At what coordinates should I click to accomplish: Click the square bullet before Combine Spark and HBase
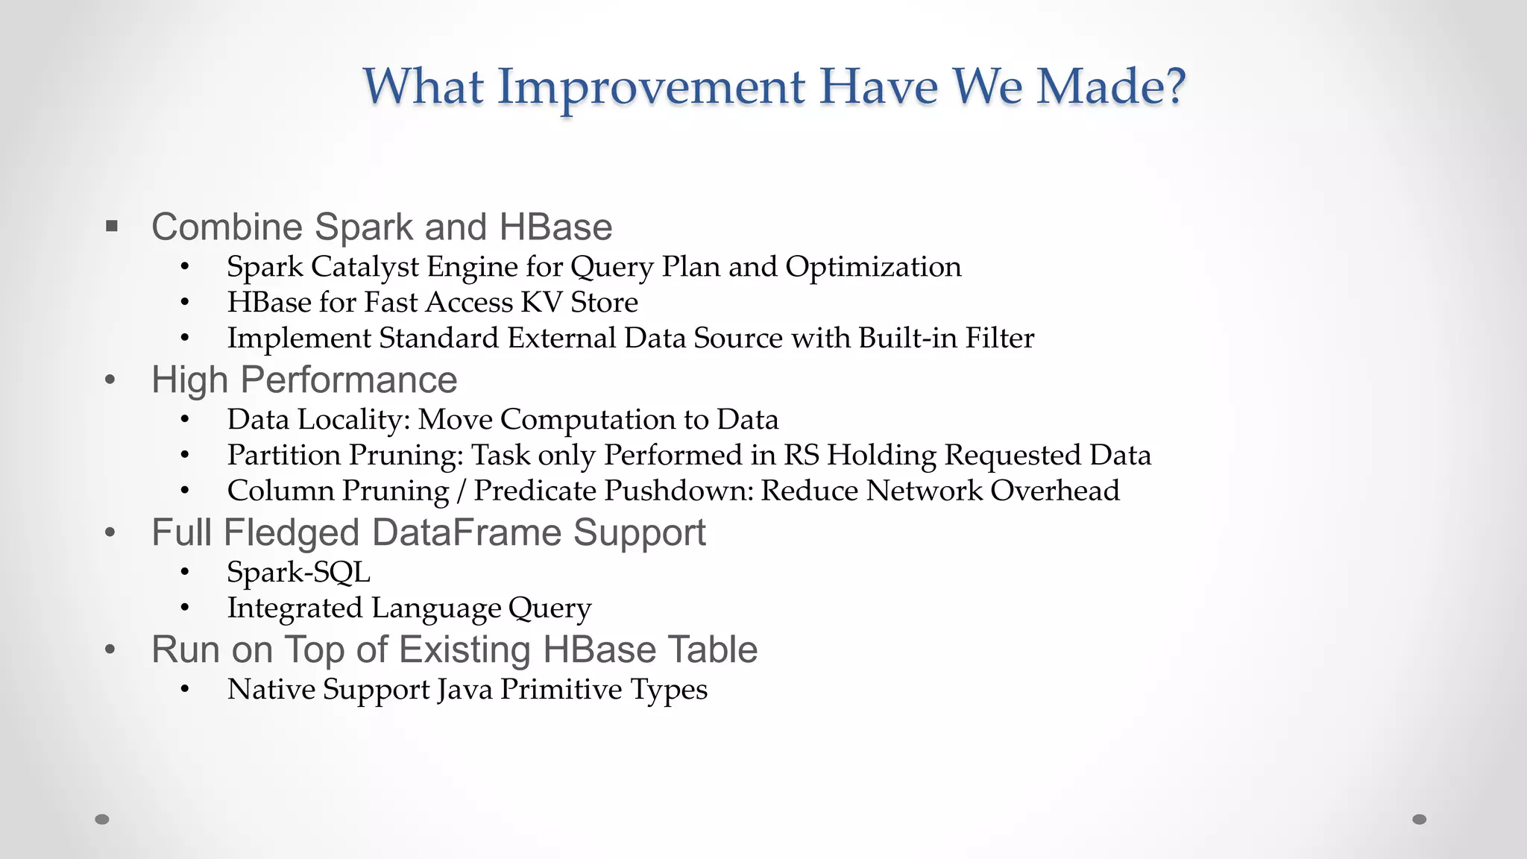click(x=112, y=226)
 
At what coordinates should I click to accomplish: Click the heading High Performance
click(x=304, y=380)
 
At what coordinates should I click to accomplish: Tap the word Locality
click(x=354, y=420)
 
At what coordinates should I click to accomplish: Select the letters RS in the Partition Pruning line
click(x=801, y=455)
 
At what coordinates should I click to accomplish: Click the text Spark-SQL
click(x=298, y=573)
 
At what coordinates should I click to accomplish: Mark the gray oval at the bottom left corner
click(x=102, y=819)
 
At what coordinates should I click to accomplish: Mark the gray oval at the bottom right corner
click(x=1420, y=819)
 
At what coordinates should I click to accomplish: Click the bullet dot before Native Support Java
click(x=185, y=690)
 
